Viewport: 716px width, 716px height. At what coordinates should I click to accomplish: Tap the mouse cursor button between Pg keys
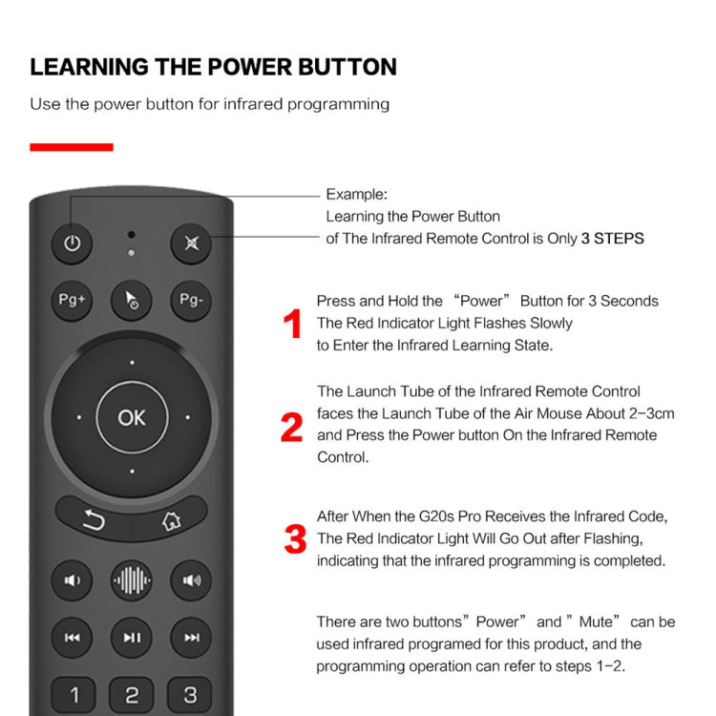click(x=132, y=301)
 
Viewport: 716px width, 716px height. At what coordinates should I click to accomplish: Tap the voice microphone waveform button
click(x=132, y=579)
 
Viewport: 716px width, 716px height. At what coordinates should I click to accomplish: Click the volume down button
click(x=73, y=579)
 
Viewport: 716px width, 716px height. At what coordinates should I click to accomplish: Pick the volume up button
click(x=191, y=579)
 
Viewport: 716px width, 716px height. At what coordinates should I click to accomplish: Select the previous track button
click(x=73, y=638)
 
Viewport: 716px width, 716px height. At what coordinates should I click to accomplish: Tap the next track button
click(x=191, y=638)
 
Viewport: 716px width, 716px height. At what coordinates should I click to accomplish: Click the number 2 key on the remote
click(x=132, y=695)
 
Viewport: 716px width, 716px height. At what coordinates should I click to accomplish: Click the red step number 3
click(x=295, y=539)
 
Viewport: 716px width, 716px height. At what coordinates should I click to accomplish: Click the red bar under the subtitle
click(x=72, y=147)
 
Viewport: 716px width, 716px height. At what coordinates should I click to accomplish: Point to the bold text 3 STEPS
click(x=612, y=239)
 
